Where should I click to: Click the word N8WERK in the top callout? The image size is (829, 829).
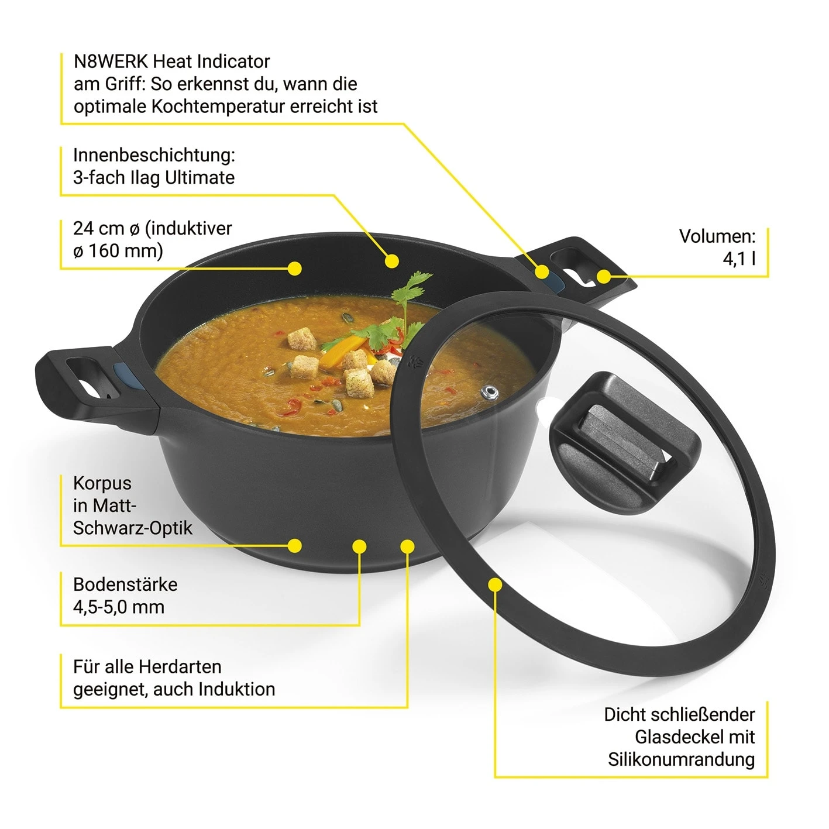(111, 61)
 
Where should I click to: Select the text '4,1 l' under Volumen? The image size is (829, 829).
(739, 259)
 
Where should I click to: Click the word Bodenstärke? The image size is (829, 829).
(125, 584)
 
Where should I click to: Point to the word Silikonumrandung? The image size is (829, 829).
(681, 759)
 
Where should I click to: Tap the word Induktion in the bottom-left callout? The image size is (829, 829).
(236, 689)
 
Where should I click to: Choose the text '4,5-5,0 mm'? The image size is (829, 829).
(119, 607)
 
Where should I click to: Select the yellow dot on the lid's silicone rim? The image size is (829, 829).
(496, 584)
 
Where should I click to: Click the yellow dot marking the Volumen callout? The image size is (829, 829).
(604, 276)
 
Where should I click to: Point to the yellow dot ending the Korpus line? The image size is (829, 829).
(295, 546)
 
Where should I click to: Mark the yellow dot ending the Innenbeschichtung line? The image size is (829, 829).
(392, 261)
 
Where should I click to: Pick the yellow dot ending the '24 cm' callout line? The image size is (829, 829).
(295, 269)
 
